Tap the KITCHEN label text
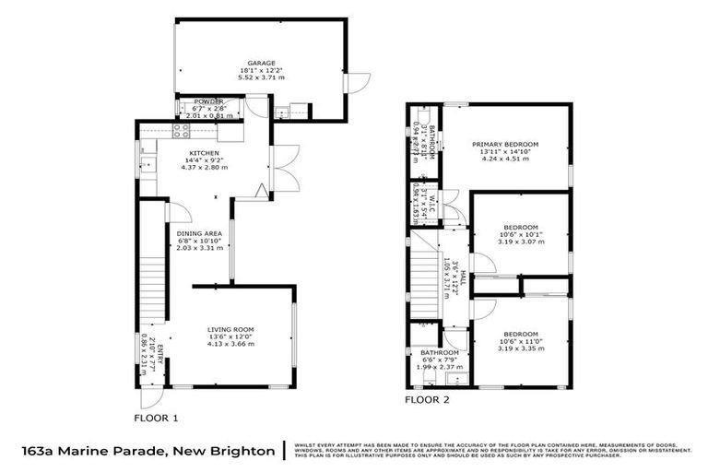(x=204, y=152)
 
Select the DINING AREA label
(x=200, y=233)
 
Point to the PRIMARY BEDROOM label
(x=505, y=145)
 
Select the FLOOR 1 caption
(x=156, y=417)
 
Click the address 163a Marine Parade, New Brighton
(x=147, y=451)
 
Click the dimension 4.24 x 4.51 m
(x=505, y=159)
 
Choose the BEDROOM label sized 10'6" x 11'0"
(x=520, y=334)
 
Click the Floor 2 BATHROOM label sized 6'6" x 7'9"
(x=440, y=352)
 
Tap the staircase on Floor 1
(x=152, y=277)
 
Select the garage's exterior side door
(x=353, y=84)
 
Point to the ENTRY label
(x=159, y=355)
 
